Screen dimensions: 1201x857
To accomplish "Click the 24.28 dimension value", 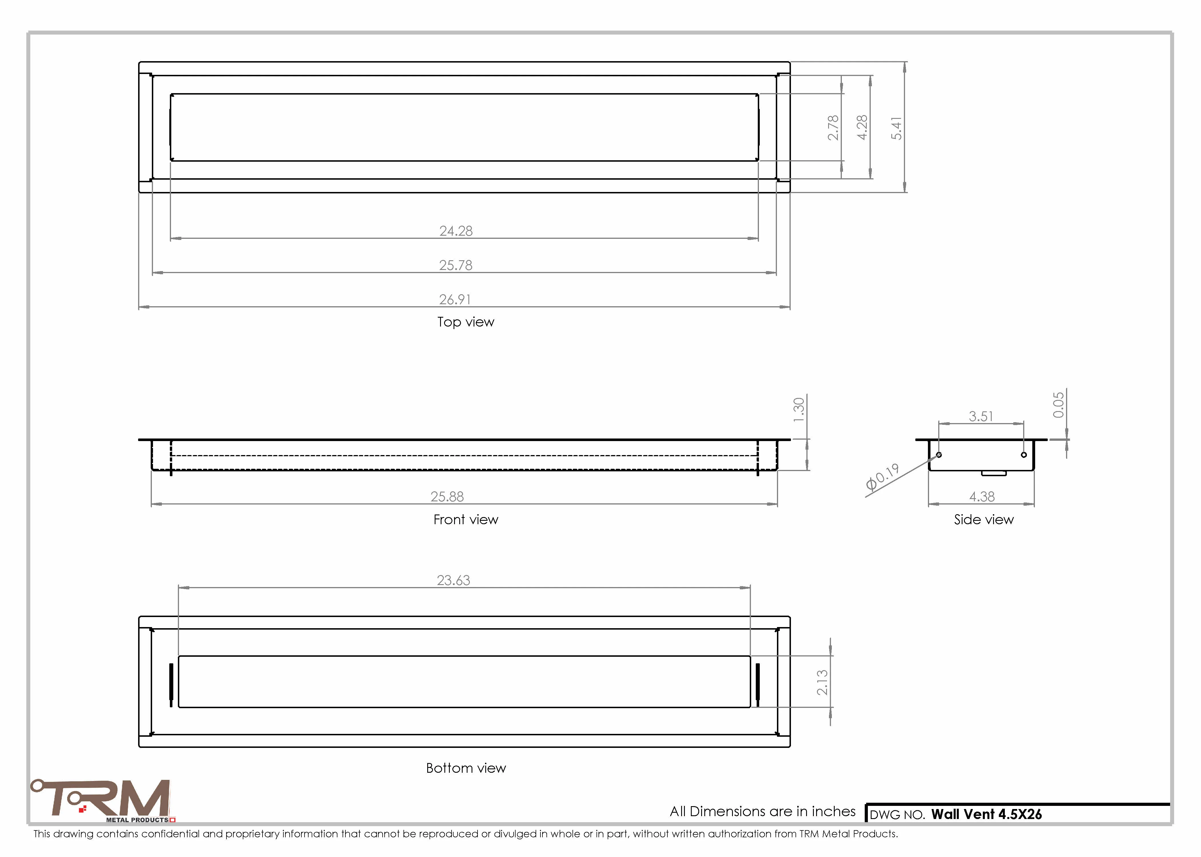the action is click(456, 231).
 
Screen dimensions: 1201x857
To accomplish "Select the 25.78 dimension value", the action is click(456, 265).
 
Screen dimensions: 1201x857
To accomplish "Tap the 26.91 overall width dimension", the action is click(455, 300).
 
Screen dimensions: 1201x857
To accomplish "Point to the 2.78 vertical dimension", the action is click(833, 128).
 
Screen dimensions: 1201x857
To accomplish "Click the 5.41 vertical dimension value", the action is click(896, 128).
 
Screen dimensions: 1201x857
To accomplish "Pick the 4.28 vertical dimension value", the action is click(862, 128).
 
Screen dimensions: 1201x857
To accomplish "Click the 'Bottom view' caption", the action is click(466, 768).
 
